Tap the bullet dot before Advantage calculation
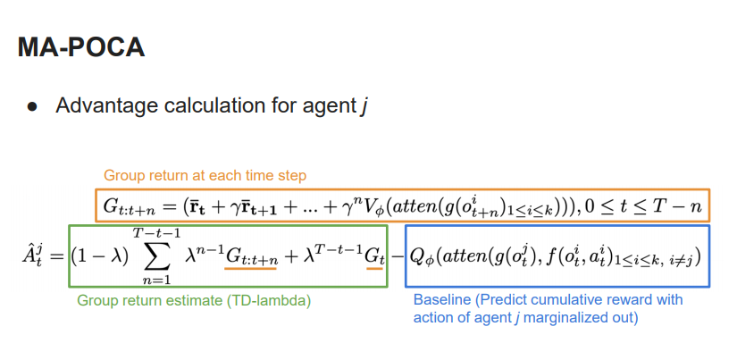(x=32, y=106)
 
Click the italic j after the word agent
(x=364, y=106)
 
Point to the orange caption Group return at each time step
(x=205, y=176)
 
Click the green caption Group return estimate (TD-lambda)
(x=194, y=301)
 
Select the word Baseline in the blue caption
(x=443, y=299)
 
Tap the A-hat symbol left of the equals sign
(x=29, y=256)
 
